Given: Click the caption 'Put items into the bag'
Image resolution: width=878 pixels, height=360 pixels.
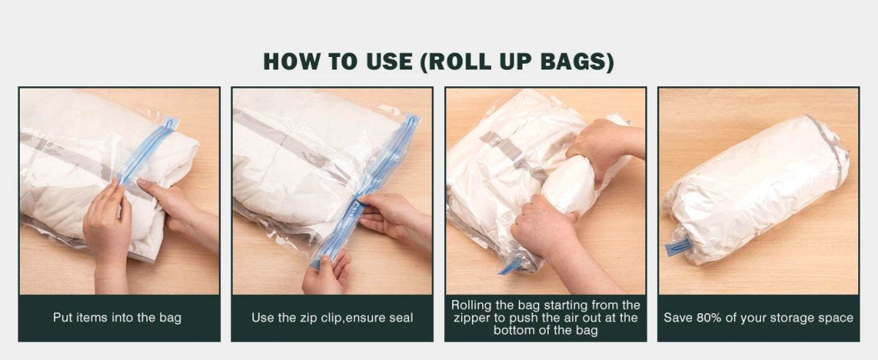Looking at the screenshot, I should [117, 318].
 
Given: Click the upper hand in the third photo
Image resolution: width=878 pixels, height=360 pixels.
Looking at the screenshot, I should [601, 144].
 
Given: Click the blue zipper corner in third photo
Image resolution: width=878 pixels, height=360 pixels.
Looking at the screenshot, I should [510, 266].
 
